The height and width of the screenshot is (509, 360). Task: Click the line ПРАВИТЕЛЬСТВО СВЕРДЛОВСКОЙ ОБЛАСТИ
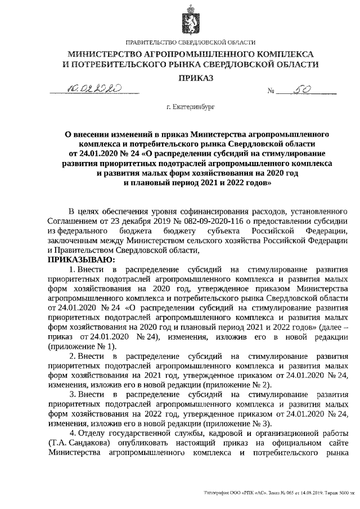click(191, 43)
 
